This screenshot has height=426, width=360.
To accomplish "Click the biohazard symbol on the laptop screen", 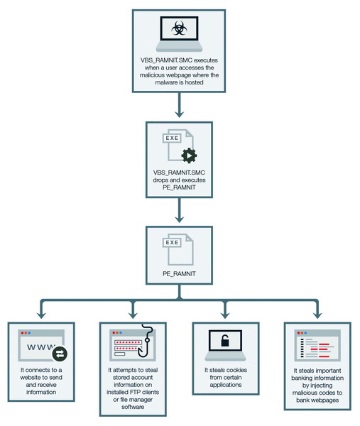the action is [179, 28].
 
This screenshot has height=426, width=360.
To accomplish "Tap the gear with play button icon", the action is [189, 155].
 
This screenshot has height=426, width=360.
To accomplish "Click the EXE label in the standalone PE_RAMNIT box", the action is [172, 242].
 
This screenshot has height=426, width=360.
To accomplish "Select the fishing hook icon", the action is [146, 340].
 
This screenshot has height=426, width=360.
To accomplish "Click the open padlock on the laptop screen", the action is [225, 340].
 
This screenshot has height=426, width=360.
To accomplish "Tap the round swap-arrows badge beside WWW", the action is [60, 354].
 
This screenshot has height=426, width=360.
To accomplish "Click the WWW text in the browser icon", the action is [40, 347].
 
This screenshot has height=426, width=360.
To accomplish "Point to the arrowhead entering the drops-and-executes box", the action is [179, 114].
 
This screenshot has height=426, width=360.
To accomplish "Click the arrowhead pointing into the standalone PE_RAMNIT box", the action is [179, 219].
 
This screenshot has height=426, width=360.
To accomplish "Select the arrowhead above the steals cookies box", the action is [225, 315].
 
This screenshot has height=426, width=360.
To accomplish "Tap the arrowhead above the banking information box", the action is [317, 315].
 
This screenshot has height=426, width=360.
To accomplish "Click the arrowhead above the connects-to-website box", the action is [41, 315].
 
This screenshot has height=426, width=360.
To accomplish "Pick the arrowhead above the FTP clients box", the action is [133, 315].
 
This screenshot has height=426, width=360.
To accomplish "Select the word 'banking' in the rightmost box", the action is [302, 378].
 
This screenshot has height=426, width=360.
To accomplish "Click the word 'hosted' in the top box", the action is [194, 82].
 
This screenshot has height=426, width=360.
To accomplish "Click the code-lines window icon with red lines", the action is [317, 345].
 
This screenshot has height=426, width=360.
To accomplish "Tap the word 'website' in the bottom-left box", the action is [31, 378].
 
